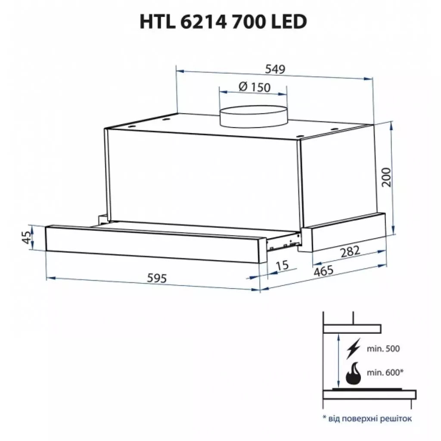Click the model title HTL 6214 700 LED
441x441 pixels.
pos(223,21)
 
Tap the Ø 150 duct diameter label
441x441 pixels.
pos(254,87)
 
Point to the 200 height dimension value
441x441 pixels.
pos(388,177)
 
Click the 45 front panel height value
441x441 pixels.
pos(26,237)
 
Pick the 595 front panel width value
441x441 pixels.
pos(156,279)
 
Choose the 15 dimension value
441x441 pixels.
pos(282,265)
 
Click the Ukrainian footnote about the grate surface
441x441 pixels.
pos(367,418)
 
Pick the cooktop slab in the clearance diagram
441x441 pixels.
pos(370,394)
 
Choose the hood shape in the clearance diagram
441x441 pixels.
pos(352,329)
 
